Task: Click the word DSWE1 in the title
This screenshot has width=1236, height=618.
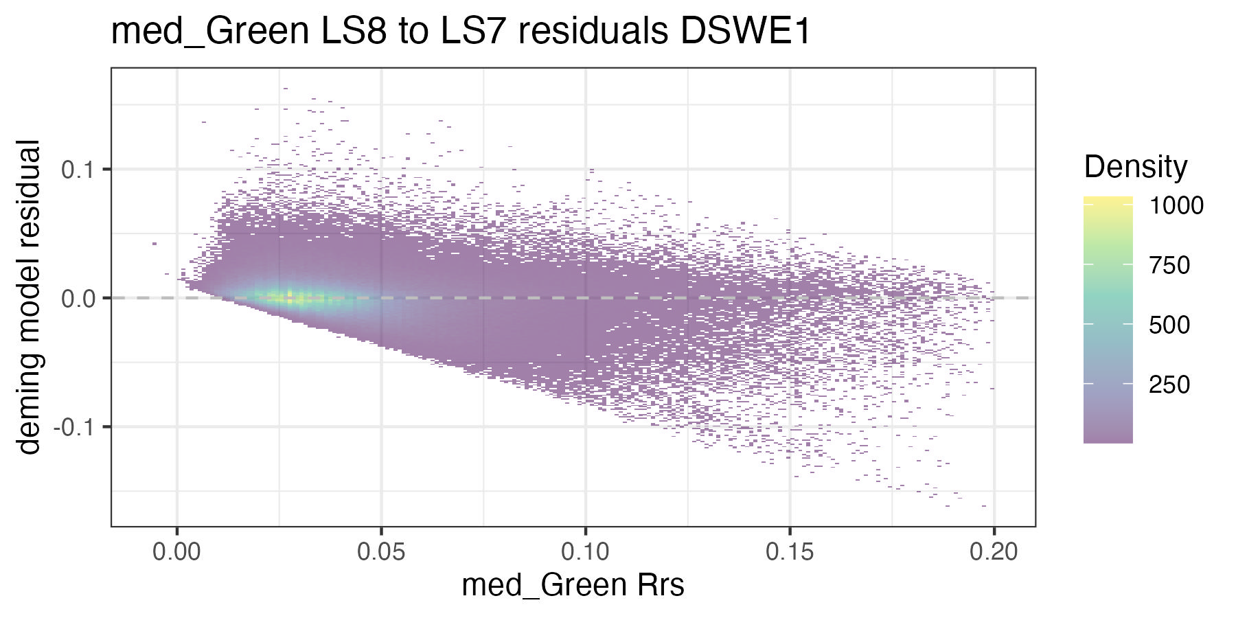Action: tap(745, 32)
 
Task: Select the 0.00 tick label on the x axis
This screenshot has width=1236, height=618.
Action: tap(177, 552)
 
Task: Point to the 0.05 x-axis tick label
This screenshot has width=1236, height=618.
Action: tap(381, 552)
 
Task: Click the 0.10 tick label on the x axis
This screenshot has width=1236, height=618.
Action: tap(585, 552)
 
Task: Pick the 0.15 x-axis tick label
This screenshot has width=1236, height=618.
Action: tap(790, 552)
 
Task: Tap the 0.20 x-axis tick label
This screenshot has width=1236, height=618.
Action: tap(994, 552)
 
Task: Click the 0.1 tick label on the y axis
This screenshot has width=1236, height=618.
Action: tap(77, 170)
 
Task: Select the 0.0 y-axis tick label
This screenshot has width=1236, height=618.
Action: tap(77, 299)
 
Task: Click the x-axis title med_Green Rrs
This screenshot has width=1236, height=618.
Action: tap(573, 586)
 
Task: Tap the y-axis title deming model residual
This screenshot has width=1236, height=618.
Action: tap(29, 297)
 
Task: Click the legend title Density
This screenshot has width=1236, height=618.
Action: tap(1135, 167)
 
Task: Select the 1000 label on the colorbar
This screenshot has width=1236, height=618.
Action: tap(1176, 205)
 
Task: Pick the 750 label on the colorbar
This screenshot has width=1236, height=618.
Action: tap(1169, 265)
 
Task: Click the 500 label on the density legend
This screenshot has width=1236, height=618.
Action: tap(1169, 325)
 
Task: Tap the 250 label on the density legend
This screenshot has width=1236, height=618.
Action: tap(1169, 385)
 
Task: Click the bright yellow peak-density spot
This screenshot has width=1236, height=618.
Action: tap(290, 297)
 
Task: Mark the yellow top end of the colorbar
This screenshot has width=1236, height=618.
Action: tap(1108, 201)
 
